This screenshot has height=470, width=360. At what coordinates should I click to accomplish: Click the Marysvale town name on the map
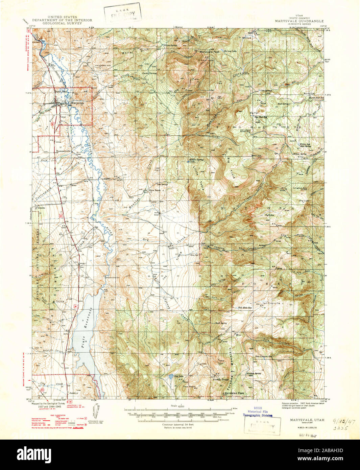tap(77, 103)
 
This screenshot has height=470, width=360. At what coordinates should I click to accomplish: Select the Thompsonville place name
tap(63, 151)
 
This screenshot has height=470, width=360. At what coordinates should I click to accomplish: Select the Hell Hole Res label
tap(245, 308)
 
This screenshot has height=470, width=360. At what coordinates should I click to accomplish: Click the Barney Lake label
tap(231, 51)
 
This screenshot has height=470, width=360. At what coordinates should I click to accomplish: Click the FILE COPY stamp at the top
tap(123, 14)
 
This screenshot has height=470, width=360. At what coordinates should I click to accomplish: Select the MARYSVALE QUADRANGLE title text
tap(299, 21)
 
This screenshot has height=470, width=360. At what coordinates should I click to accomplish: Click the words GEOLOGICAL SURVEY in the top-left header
tap(62, 24)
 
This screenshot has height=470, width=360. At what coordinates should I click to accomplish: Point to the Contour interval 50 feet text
tap(178, 424)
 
